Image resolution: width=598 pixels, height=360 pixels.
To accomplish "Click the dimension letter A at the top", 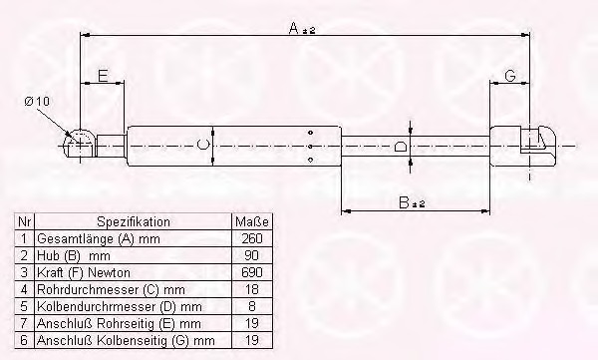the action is pyautogui.click(x=294, y=28).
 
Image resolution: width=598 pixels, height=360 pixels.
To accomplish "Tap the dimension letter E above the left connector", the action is pyautogui.click(x=103, y=76).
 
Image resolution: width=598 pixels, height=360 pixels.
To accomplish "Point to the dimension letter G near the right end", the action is pyautogui.click(x=510, y=76).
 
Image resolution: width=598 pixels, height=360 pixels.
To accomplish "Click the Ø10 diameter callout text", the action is pyautogui.click(x=37, y=102).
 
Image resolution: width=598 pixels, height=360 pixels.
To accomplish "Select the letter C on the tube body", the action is pyautogui.click(x=203, y=145).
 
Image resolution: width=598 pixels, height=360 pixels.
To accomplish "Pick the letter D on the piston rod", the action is pyautogui.click(x=401, y=147).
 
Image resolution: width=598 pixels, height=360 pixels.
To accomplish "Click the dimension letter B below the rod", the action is pyautogui.click(x=404, y=202).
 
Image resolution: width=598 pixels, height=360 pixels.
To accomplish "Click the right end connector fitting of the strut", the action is pyautogui.click(x=522, y=147).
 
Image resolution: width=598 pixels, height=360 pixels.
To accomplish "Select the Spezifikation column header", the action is pyautogui.click(x=134, y=221).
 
